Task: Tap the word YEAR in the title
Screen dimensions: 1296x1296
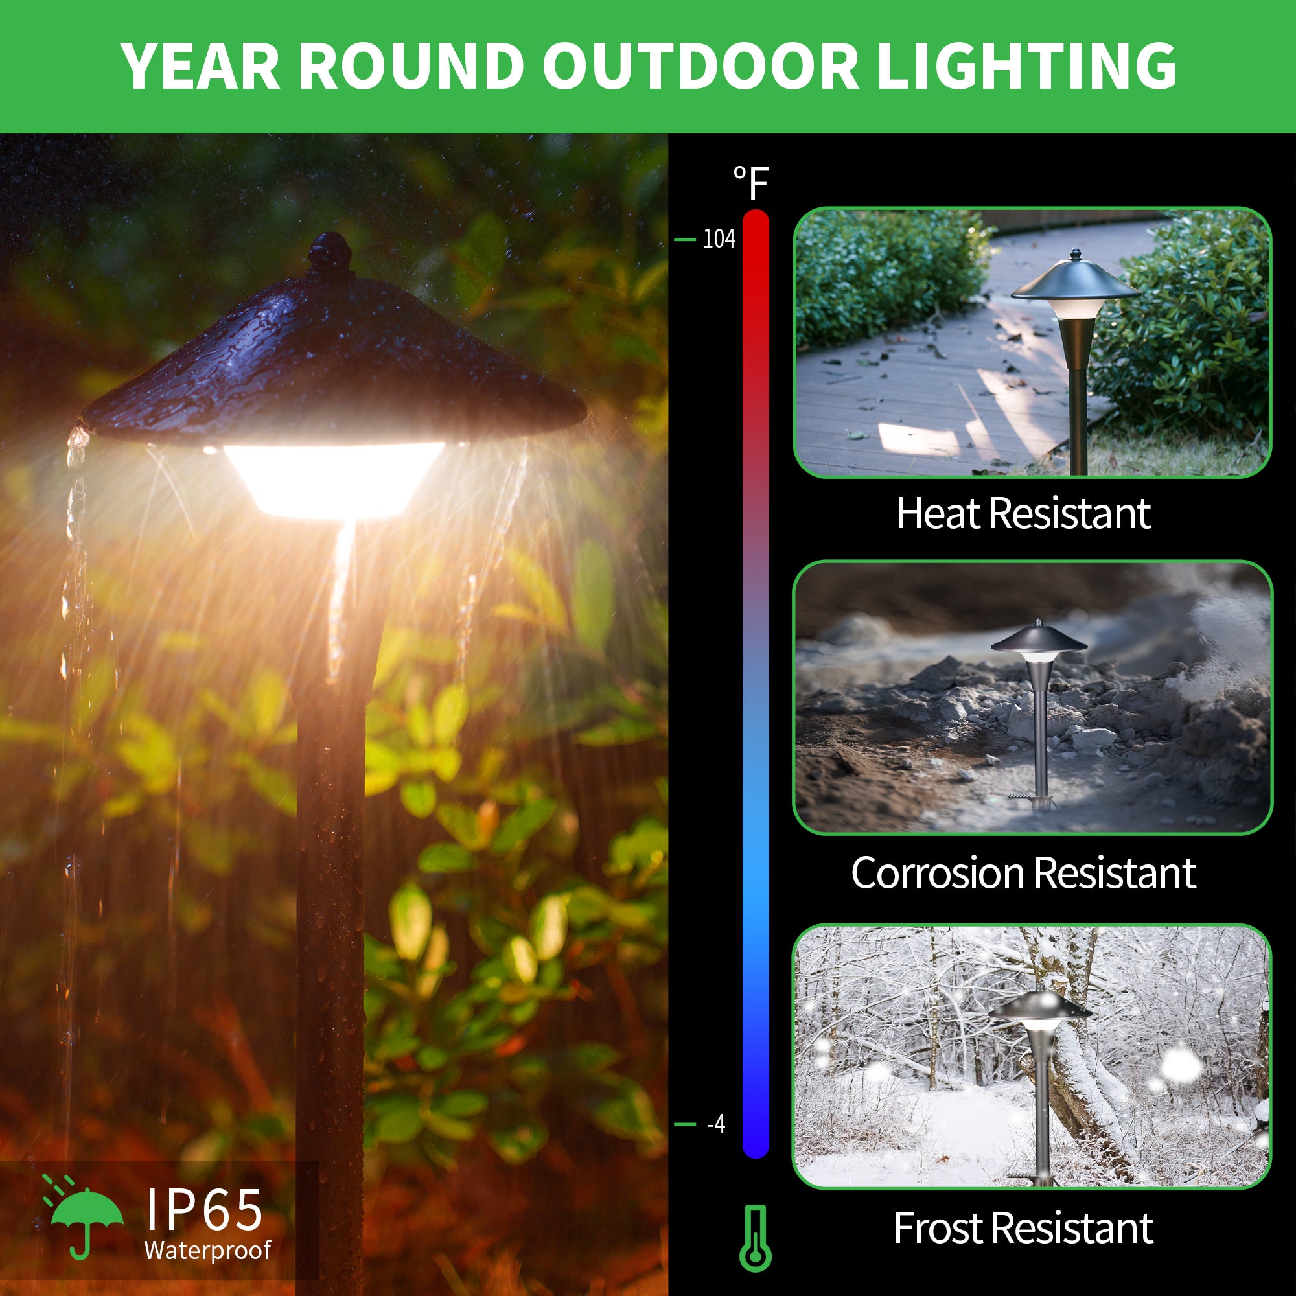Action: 202,65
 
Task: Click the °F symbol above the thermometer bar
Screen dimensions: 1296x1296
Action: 750,183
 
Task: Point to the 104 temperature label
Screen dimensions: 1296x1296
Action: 719,239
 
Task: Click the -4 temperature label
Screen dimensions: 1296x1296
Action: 717,1124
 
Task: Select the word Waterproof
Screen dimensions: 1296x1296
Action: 207,1251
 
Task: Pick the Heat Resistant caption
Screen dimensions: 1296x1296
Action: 1024,514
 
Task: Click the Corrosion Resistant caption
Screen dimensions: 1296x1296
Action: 1024,873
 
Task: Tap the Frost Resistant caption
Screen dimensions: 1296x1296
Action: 1024,1228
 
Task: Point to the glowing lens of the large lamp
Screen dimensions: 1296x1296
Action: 333,478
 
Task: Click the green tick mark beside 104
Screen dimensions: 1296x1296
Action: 684,239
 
